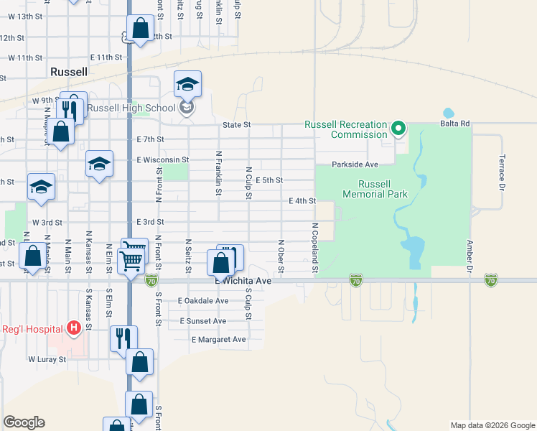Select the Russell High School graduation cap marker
(x=187, y=85)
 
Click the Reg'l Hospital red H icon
(x=73, y=328)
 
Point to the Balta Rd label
(x=455, y=124)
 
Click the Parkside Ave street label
(x=355, y=164)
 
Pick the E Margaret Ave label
(x=218, y=339)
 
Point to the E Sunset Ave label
(x=203, y=320)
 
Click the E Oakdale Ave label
(x=202, y=301)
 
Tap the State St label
(x=236, y=124)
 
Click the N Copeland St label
(x=314, y=248)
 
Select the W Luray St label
(x=47, y=358)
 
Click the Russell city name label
(x=69, y=72)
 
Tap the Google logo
(x=24, y=422)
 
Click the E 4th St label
(x=302, y=201)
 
